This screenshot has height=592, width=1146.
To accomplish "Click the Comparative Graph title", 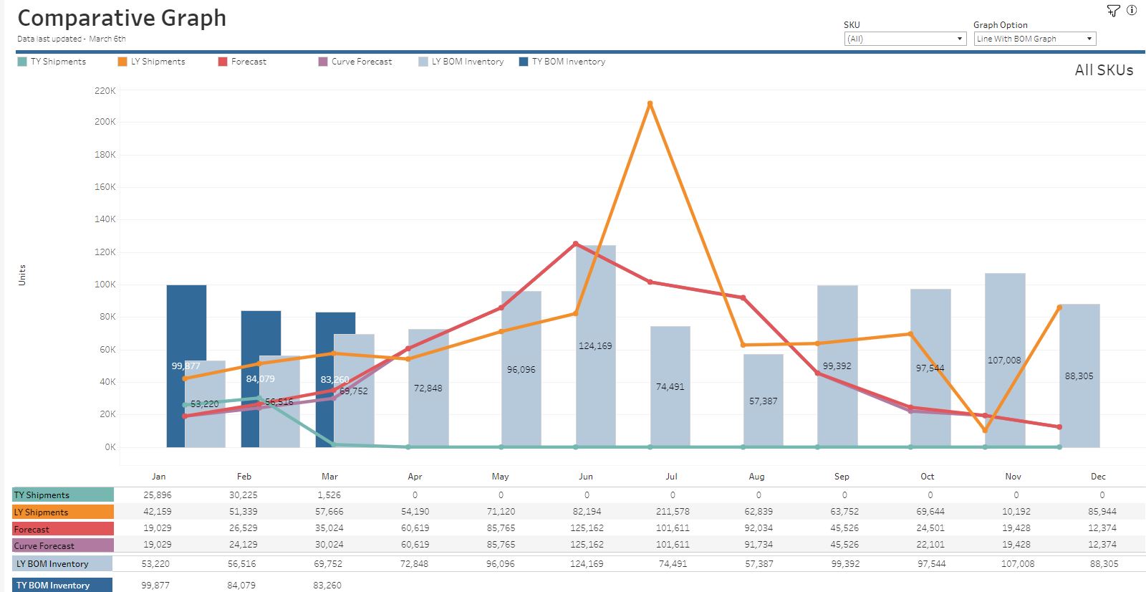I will click(122, 18).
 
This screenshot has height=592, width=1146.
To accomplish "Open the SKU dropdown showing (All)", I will click(905, 39).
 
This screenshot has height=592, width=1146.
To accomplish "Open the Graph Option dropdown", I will click(1034, 39).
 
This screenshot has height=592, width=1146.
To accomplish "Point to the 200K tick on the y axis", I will click(105, 122).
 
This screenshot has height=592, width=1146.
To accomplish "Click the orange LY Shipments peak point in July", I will click(650, 104).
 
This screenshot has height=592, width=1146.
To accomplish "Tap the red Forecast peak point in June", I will click(576, 244).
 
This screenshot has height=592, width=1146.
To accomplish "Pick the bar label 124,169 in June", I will click(595, 346).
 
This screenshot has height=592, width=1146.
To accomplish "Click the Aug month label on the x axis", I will click(756, 477).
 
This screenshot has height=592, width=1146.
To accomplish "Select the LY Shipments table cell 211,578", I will click(672, 512).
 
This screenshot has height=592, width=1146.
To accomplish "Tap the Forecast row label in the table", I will click(63, 529).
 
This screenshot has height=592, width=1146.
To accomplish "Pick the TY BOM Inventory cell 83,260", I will click(327, 585).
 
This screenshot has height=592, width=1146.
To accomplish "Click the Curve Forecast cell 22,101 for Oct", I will click(930, 545).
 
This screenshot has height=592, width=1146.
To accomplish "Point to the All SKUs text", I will click(1103, 70).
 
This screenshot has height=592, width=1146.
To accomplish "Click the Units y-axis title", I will click(21, 275).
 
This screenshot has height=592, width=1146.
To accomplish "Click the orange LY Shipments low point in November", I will click(985, 431).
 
